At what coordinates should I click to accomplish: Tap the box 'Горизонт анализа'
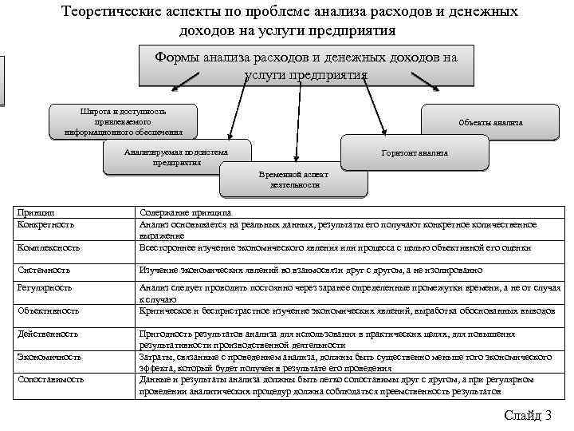pos(415,152)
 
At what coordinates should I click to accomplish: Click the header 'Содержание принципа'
pos(185,213)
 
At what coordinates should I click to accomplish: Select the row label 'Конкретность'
pos(45,225)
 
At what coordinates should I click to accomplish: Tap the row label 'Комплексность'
pos(49,248)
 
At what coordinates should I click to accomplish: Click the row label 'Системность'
pos(44,271)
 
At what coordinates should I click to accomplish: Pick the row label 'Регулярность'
pos(45,287)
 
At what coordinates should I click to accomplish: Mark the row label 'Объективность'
pos(48,310)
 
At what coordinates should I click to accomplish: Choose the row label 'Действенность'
pos(48,333)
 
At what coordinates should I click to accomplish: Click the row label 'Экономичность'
pos(49,357)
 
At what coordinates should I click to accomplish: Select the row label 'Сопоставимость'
pos(51,380)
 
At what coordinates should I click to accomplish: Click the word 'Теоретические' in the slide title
pos(109,12)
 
